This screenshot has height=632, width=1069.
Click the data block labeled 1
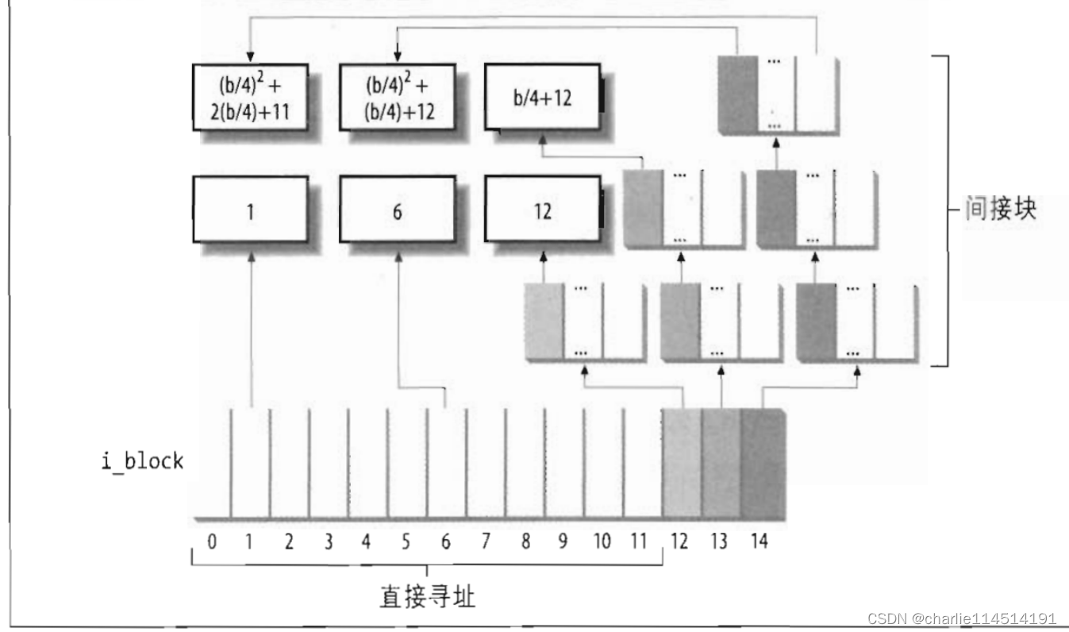[x=250, y=210]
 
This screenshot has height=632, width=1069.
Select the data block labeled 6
[x=397, y=210]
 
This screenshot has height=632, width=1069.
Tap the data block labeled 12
[x=544, y=211]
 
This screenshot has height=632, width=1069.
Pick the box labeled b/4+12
[x=544, y=99]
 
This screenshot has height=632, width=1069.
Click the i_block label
[x=142, y=461]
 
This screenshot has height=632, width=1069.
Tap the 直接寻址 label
[x=427, y=595]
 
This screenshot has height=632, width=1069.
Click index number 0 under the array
[x=212, y=542]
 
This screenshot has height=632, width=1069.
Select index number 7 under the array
[x=485, y=542]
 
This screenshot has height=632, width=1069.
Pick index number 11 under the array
[x=639, y=542]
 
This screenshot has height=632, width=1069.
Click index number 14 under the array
[x=759, y=542]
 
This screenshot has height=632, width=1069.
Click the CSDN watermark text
[x=962, y=619]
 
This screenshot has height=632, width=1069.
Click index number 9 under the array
[x=563, y=542]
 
